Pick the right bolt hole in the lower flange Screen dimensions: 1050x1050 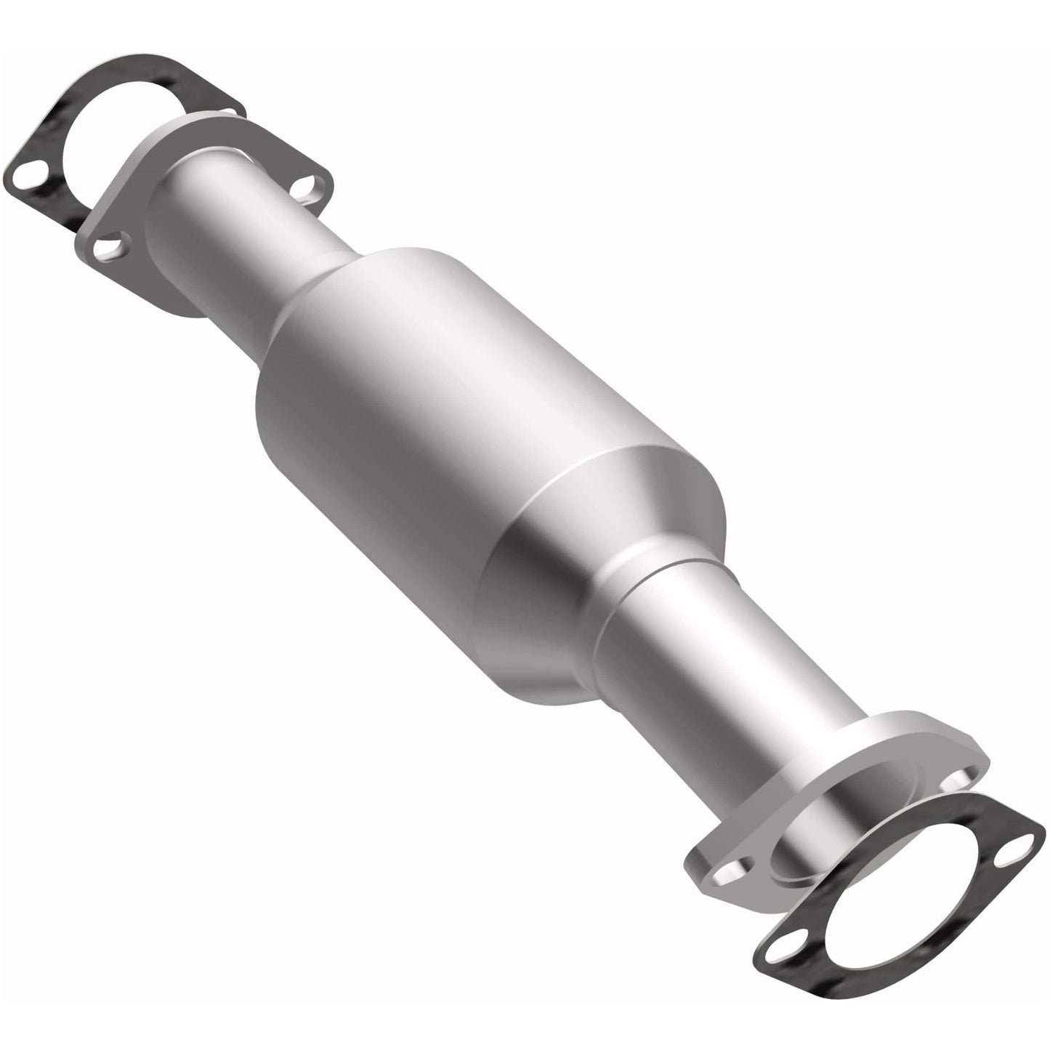[x=954, y=780]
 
